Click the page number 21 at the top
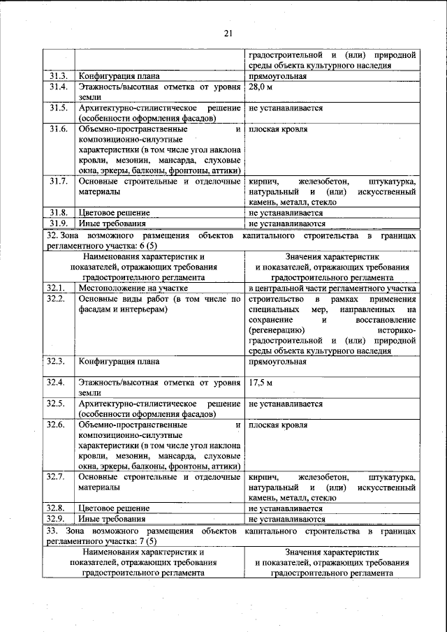tap(228, 33)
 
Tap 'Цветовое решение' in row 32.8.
tap(114, 508)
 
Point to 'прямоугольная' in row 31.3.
tap(277, 75)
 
